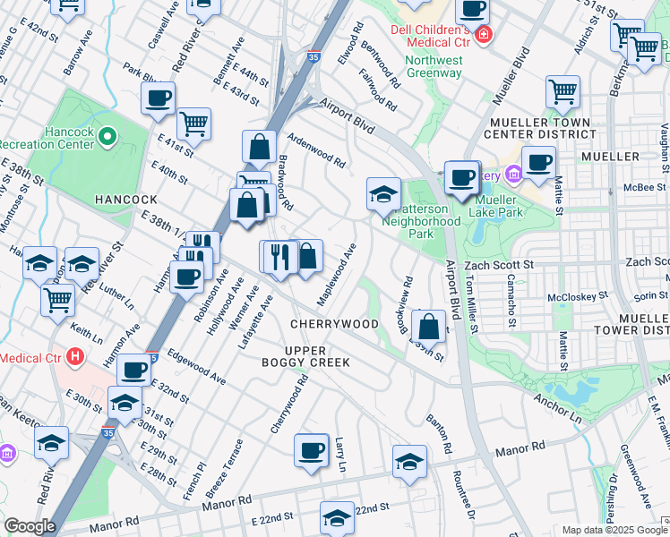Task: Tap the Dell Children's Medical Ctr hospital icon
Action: pyautogui.click(x=484, y=34)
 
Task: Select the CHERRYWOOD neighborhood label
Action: pyautogui.click(x=334, y=323)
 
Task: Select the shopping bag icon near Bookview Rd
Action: pyautogui.click(x=430, y=327)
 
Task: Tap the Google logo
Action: pyautogui.click(x=30, y=526)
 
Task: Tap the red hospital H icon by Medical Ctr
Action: pyautogui.click(x=75, y=356)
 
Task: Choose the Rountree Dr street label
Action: pyautogui.click(x=462, y=493)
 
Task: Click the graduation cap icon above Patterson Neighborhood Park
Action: pyautogui.click(x=382, y=193)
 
